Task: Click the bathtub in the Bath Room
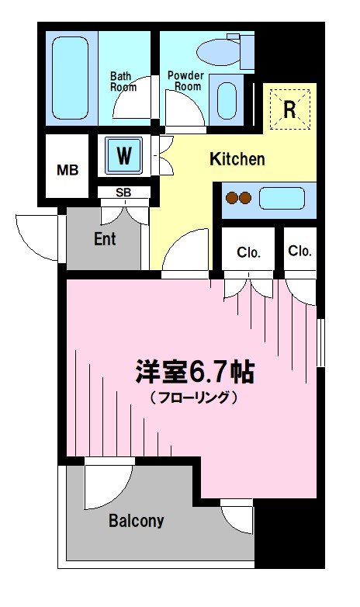[x=71, y=77]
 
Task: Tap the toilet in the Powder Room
[x=220, y=51]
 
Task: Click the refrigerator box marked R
[x=289, y=109]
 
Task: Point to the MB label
[x=67, y=169]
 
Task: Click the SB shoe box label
[x=123, y=193]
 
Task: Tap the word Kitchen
[x=237, y=160]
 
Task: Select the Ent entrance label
[x=105, y=238]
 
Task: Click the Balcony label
[x=137, y=521]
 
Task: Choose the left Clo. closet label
[x=248, y=252]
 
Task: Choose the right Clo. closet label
[x=299, y=251]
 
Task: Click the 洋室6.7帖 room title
[x=194, y=373]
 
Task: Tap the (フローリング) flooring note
[x=193, y=398]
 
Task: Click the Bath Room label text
[x=123, y=82]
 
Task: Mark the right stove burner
[x=245, y=198]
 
